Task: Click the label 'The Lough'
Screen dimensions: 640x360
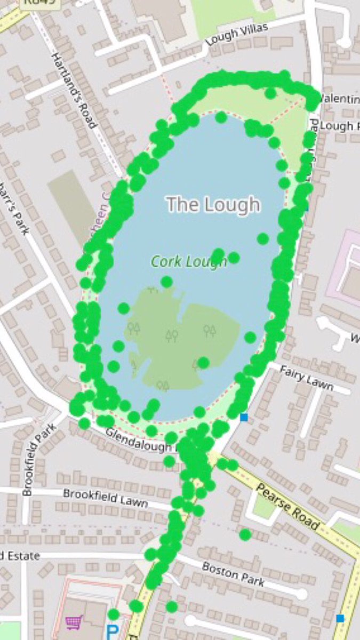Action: coord(213,204)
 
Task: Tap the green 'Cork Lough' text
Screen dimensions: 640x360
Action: coord(188,262)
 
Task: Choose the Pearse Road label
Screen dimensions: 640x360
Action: coord(287,507)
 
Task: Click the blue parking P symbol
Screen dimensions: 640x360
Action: coord(112,633)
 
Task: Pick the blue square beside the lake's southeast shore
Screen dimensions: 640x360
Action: coord(244,417)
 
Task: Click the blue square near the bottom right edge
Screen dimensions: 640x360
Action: coord(340,618)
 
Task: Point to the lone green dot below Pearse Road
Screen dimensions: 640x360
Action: coord(245,534)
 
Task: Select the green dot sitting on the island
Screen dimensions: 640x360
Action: coord(203,363)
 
